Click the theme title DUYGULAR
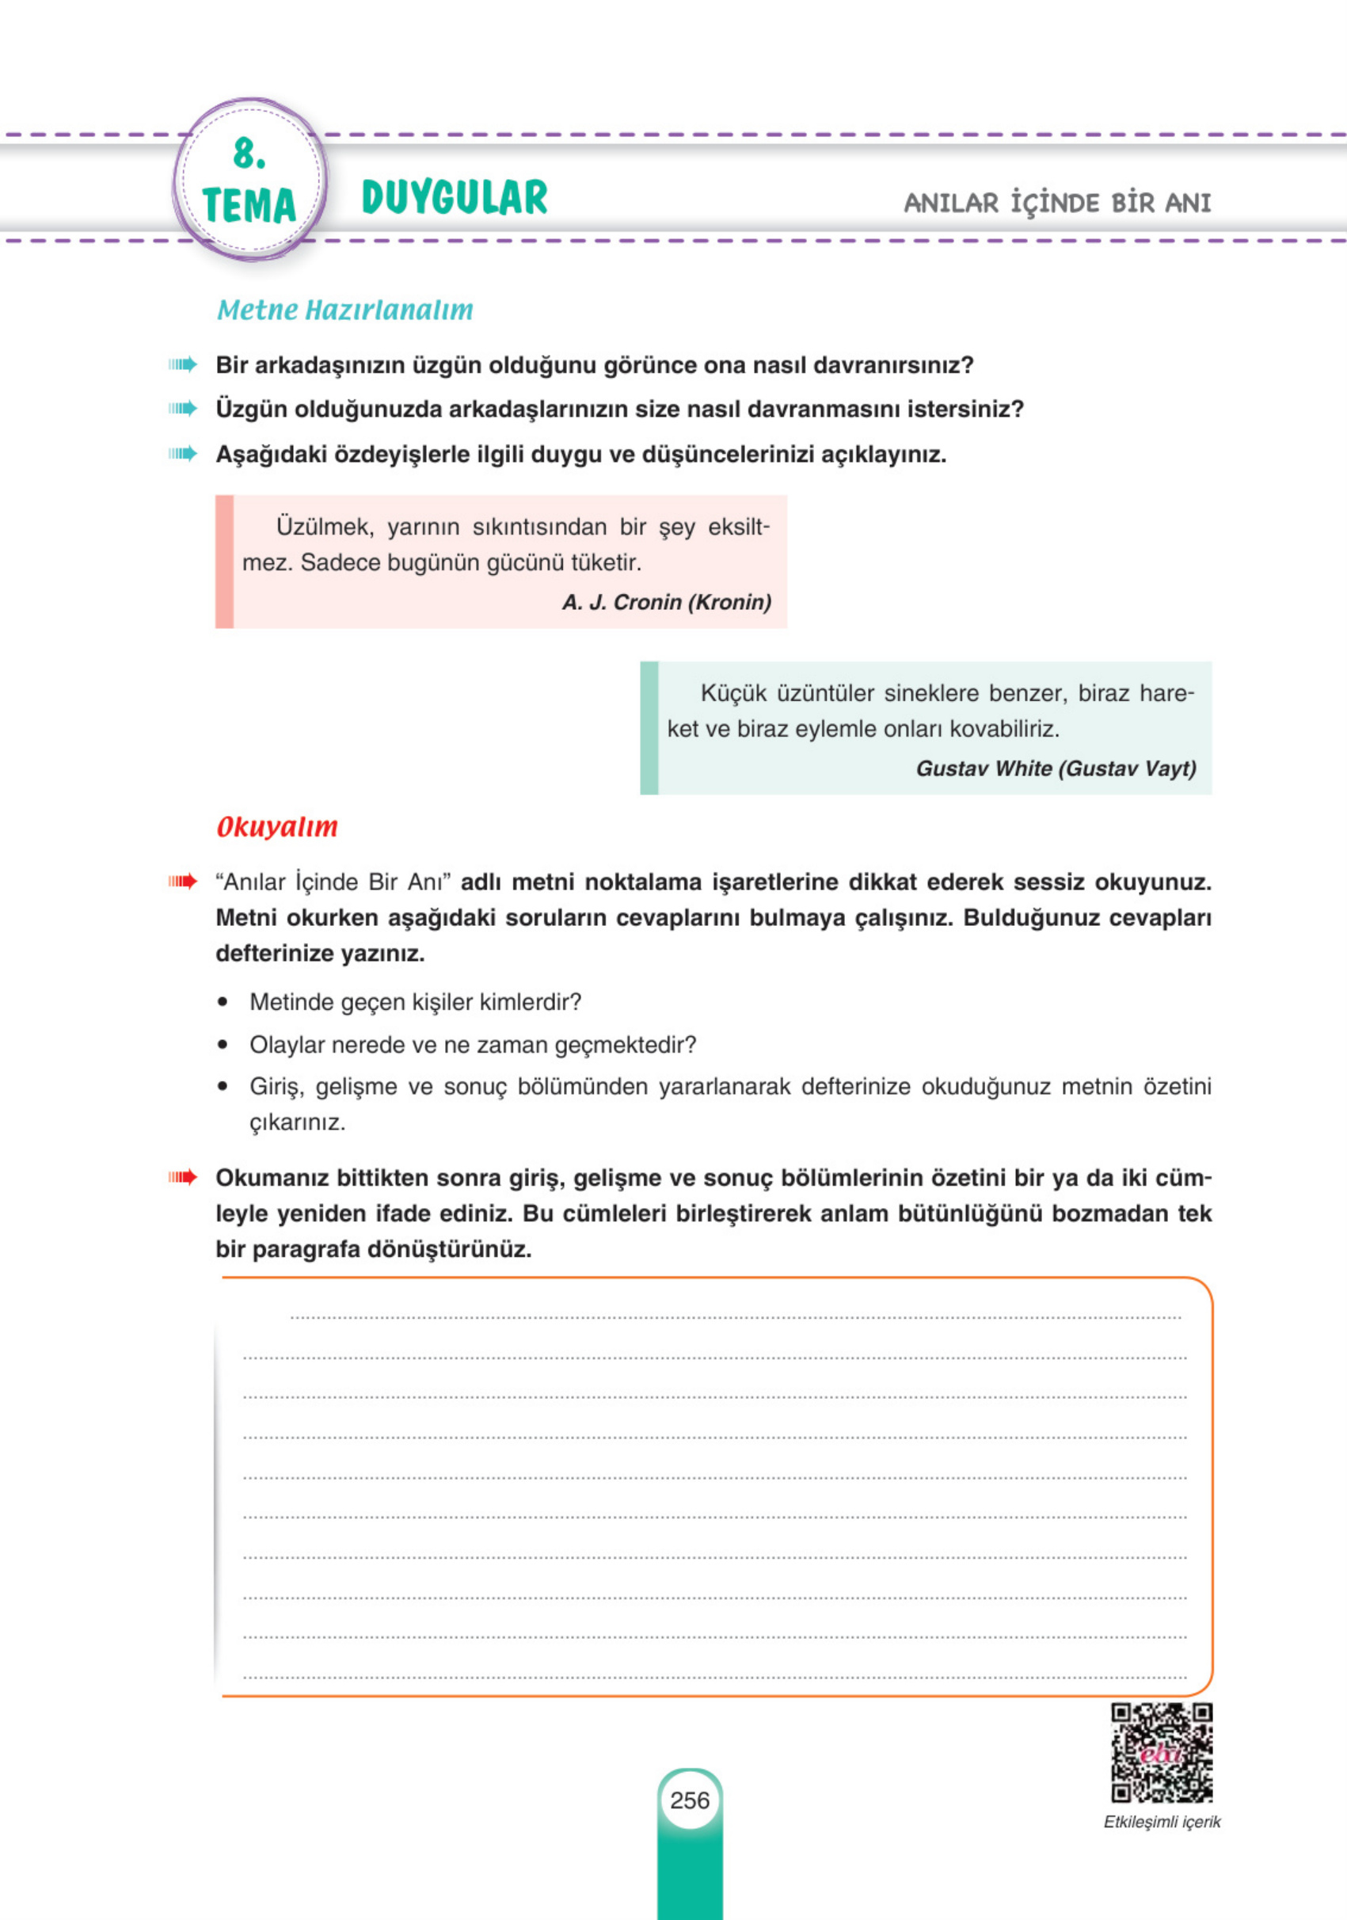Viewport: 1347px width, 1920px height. point(454,198)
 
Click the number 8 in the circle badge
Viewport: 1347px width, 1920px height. point(249,154)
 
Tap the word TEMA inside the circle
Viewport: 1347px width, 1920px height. point(249,206)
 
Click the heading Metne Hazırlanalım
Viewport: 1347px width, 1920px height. point(344,310)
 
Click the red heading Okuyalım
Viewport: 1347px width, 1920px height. point(276,827)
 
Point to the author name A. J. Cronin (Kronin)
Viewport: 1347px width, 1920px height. point(667,602)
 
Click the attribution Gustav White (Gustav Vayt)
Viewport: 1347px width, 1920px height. point(1056,768)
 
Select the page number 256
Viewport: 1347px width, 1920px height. point(690,1800)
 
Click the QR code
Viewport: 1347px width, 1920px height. point(1162,1753)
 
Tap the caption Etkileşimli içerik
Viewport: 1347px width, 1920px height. point(1162,1822)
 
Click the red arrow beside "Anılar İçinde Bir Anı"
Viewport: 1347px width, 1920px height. point(182,882)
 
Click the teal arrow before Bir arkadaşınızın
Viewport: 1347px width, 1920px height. point(182,364)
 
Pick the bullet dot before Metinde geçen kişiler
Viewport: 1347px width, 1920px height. point(223,1002)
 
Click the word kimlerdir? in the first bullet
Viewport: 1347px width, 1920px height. point(530,1002)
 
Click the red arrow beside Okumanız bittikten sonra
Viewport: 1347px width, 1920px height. point(182,1177)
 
